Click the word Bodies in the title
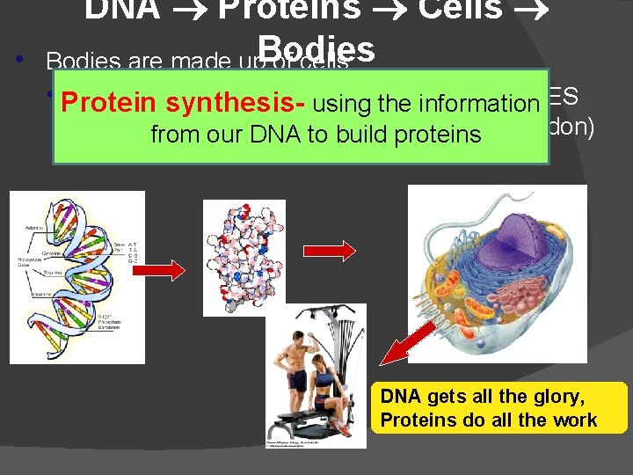317,48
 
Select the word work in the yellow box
575,420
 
